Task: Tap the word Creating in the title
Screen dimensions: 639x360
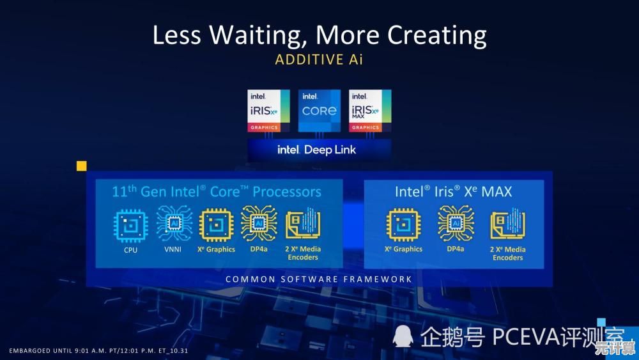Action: [x=436, y=35]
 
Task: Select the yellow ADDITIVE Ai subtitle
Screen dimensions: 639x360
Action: [x=319, y=59]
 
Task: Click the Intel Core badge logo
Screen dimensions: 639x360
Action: [x=319, y=111]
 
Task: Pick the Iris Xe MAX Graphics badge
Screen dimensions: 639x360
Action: [x=370, y=111]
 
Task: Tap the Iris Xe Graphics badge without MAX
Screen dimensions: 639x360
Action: [x=268, y=111]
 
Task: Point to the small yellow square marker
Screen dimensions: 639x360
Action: [x=82, y=166]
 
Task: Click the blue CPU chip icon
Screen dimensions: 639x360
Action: [x=130, y=226]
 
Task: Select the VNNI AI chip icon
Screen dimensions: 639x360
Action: [x=174, y=223]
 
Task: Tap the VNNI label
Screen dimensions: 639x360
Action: [x=173, y=249]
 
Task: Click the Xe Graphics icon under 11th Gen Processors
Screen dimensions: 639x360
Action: [x=217, y=225]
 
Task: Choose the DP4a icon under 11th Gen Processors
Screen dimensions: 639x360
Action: [x=259, y=223]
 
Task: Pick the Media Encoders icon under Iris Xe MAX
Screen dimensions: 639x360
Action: [x=508, y=223]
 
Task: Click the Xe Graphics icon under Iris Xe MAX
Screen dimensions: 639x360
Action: [x=403, y=224]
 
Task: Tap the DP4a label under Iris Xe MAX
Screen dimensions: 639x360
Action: [x=455, y=249]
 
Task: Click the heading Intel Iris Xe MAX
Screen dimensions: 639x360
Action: [x=453, y=192]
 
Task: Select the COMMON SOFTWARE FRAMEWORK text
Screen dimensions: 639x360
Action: [x=319, y=279]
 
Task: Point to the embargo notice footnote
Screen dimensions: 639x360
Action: [x=98, y=350]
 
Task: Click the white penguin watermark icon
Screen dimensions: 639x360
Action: [x=403, y=336]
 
